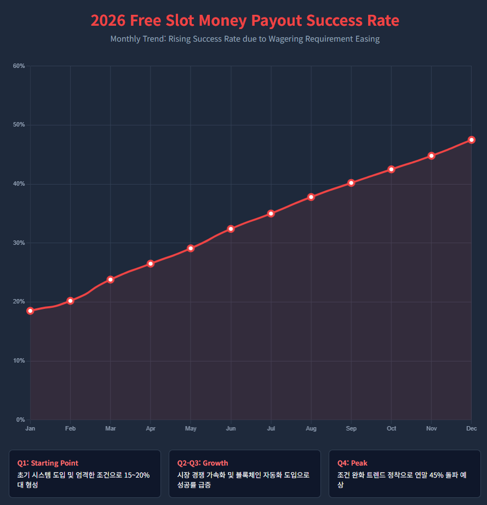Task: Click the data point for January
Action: (30, 311)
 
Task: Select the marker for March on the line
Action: (111, 279)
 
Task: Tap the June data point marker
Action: (231, 228)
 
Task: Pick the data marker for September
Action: (351, 183)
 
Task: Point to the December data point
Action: (471, 140)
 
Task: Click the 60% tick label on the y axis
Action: (19, 66)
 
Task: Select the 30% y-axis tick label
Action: (19, 243)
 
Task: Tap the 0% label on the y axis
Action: (20, 420)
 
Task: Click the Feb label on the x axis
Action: (70, 428)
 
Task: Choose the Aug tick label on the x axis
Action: (311, 428)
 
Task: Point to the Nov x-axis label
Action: (431, 428)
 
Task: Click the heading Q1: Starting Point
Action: (48, 463)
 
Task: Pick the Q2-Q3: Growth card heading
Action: (203, 463)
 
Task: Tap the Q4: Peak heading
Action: (352, 463)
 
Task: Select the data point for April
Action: (151, 263)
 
